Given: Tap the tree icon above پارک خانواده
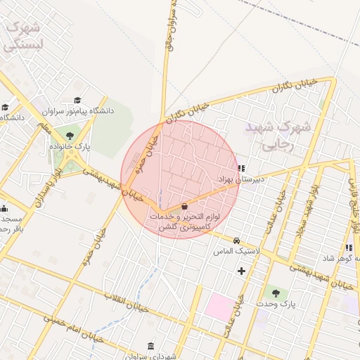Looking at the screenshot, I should (x=69, y=136).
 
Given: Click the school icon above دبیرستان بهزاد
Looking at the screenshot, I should (x=242, y=168).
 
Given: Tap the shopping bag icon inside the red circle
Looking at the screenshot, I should (x=184, y=206).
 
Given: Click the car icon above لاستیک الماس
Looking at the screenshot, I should (x=236, y=240).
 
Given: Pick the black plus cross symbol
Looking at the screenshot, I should (x=242, y=270).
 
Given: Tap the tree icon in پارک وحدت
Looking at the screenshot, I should (x=275, y=293).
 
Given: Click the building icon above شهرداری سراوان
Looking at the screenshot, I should (x=151, y=345).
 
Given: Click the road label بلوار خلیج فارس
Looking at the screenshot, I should (x=353, y=200).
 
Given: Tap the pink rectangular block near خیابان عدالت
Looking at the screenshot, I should (x=220, y=308).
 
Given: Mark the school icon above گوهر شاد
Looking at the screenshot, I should (x=349, y=247).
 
